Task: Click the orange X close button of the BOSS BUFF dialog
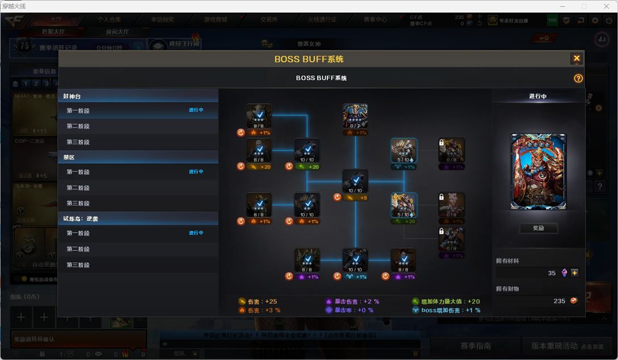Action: (x=577, y=58)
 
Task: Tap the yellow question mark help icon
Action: (x=578, y=78)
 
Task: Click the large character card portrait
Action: (x=538, y=171)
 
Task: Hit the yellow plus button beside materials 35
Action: (x=575, y=273)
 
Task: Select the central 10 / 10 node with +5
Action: (x=355, y=182)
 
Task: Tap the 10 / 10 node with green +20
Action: (x=307, y=151)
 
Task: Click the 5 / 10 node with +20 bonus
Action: (x=403, y=205)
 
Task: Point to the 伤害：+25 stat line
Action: (x=262, y=302)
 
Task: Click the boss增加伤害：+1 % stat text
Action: (x=451, y=310)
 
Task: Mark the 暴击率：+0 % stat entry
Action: (x=353, y=310)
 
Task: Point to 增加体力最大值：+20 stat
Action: (x=449, y=302)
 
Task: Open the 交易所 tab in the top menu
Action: (x=269, y=19)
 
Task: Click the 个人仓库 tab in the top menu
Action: (x=108, y=19)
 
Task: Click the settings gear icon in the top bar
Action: (x=595, y=20)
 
